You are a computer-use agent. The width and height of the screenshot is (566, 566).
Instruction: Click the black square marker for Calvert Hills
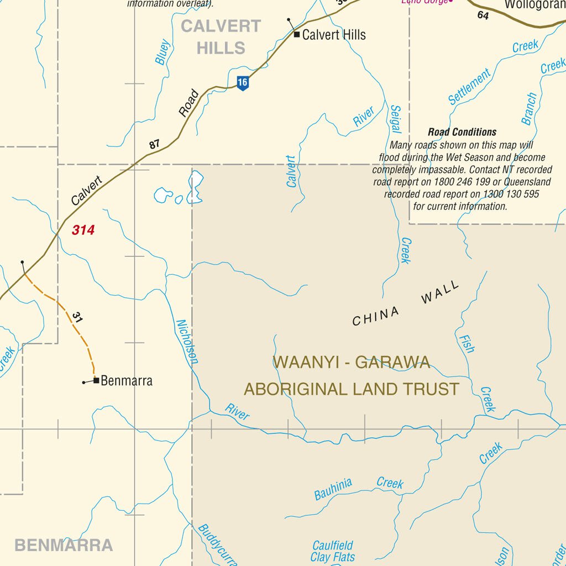297,35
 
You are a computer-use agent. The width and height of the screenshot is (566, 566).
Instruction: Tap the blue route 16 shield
242,83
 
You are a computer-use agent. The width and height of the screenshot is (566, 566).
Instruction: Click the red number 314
83,230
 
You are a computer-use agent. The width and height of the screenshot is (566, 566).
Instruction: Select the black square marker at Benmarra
96,380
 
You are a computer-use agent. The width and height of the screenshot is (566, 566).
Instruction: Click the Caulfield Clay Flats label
332,551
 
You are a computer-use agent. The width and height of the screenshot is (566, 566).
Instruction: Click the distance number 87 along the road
154,144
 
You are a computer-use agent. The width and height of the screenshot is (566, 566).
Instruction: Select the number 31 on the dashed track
77,317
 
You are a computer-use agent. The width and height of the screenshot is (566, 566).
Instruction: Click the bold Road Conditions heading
462,132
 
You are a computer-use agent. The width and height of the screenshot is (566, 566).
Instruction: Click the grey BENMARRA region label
64,546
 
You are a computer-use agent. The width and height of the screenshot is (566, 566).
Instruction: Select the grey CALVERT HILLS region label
221,37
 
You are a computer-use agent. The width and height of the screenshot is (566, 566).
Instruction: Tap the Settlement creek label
469,87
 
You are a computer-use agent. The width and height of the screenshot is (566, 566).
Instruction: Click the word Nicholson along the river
187,342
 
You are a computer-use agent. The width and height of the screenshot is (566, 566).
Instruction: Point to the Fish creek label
465,343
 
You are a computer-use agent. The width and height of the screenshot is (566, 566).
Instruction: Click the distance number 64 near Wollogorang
483,15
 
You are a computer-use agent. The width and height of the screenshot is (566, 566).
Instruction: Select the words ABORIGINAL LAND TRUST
352,389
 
